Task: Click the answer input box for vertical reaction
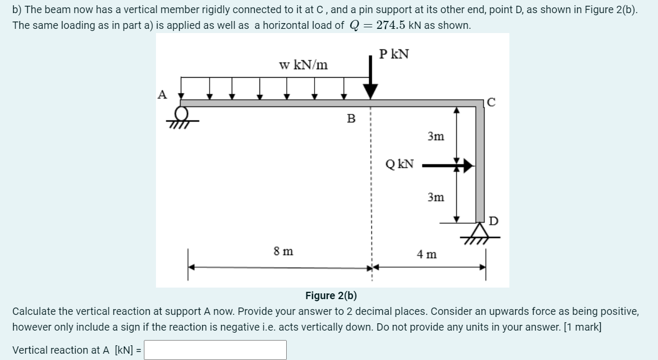tap(215, 350)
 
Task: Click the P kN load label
tap(394, 54)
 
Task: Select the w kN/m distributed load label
tap(304, 65)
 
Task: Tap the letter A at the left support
tap(162, 94)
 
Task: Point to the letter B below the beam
tap(351, 119)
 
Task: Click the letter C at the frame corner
tap(491, 103)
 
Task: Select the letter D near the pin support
tap(493, 220)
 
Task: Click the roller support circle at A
tap(182, 113)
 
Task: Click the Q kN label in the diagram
tap(400, 164)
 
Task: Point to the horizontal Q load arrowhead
tap(467, 167)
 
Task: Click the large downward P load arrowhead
tap(371, 91)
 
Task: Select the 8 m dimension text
tap(284, 251)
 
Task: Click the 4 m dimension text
tap(426, 255)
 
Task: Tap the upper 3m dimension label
tap(435, 136)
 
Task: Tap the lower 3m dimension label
tap(435, 197)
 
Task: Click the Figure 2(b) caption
tap(331, 295)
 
